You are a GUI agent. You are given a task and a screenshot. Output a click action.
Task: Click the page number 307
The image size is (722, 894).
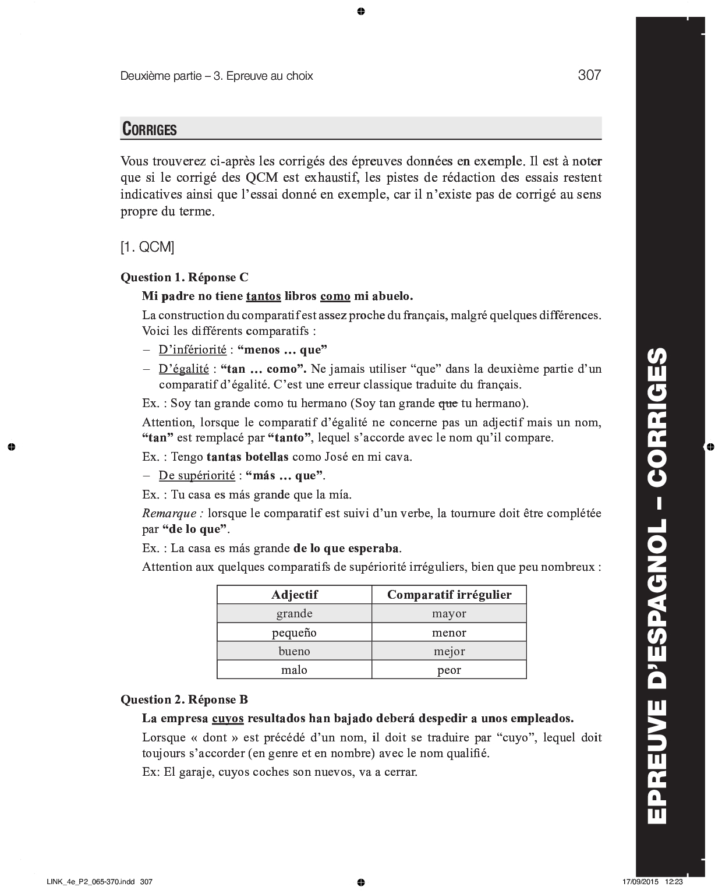pos(589,75)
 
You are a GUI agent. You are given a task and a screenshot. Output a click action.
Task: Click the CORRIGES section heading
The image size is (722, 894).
pos(149,129)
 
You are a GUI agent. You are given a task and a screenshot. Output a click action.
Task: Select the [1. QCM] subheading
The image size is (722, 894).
pos(147,247)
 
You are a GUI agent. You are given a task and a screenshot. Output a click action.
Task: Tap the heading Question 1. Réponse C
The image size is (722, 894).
pos(185,278)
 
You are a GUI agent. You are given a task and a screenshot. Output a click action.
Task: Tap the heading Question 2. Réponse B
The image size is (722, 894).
pos(185,699)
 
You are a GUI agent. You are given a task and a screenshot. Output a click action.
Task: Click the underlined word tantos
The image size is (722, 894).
pos(263,296)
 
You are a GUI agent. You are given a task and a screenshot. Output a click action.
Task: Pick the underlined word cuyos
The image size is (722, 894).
pos(228,718)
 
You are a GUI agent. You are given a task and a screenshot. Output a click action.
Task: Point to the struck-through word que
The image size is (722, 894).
pos(447,403)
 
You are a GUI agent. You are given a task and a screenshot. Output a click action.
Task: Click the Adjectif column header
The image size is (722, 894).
pos(294,595)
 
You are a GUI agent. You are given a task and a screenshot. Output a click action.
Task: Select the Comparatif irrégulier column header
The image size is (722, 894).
pos(449,595)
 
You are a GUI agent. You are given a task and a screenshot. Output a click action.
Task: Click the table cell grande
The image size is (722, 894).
pos(294,613)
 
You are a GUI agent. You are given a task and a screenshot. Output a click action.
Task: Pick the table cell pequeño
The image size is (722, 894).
pos(294,632)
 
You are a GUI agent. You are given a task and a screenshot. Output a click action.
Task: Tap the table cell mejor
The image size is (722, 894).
pos(449,651)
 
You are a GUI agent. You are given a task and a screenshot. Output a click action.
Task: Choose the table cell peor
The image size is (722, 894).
pos(449,670)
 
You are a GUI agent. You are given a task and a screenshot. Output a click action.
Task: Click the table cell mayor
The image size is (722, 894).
pos(449,613)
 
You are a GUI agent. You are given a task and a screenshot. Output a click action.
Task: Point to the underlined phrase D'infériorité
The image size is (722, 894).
pos(192,350)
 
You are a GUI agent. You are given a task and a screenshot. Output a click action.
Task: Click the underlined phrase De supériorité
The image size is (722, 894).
pos(197,476)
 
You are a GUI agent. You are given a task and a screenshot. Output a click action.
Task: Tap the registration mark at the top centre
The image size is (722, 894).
pos(361,11)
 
